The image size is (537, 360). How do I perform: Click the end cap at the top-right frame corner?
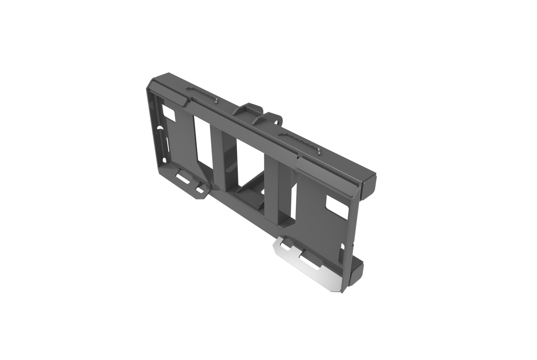tap(368, 184)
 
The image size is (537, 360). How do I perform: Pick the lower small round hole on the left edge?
tap(164, 160)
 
